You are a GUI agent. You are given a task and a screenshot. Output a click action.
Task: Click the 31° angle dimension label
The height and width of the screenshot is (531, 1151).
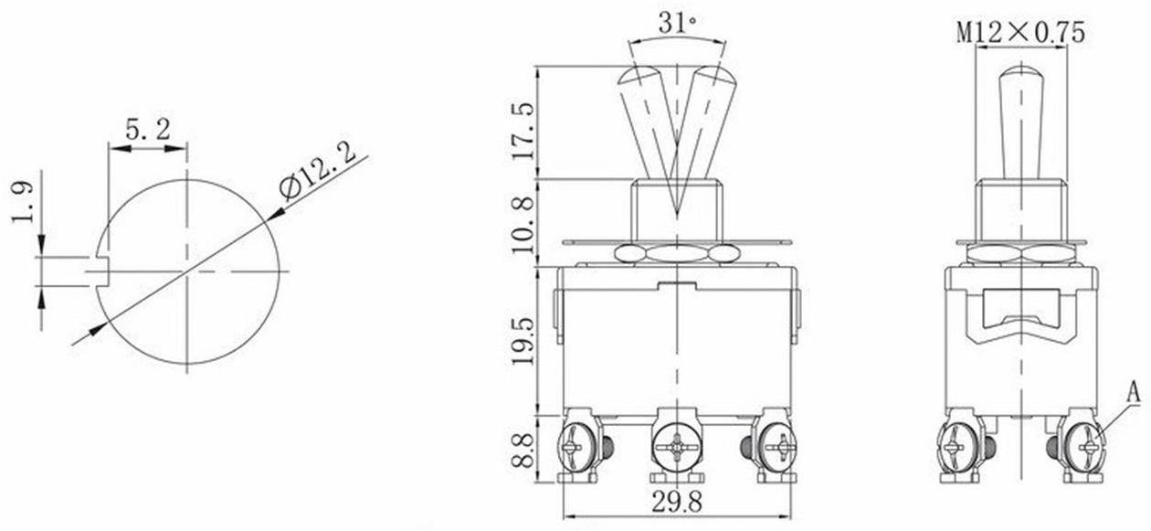coord(677,23)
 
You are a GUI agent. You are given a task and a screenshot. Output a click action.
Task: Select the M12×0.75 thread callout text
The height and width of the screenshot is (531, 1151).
coord(1020,32)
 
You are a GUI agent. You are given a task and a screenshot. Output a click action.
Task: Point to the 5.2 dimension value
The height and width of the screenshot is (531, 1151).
coord(147,129)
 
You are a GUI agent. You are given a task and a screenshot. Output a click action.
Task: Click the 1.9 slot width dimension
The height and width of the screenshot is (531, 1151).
coord(23,201)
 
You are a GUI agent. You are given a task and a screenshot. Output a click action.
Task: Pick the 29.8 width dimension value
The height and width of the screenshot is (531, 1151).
coord(677,501)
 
